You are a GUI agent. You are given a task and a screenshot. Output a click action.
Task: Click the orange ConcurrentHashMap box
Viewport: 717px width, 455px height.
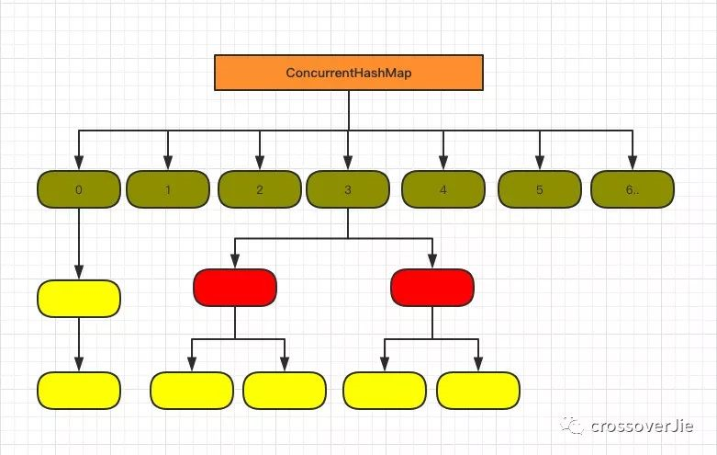(349, 73)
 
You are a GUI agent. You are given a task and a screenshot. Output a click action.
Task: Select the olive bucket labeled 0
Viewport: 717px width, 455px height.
(79, 190)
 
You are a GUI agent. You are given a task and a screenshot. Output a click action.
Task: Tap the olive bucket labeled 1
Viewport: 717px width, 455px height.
(168, 190)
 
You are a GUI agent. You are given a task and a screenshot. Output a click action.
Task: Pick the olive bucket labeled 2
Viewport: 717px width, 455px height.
(260, 190)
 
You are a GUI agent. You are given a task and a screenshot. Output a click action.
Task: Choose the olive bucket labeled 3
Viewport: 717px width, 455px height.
(348, 190)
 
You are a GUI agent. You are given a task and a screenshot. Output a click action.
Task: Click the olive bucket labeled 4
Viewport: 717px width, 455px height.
(443, 190)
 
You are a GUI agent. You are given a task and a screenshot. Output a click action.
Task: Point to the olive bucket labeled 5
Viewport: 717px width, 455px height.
(540, 190)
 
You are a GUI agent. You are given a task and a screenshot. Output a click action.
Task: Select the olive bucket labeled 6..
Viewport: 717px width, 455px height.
(633, 190)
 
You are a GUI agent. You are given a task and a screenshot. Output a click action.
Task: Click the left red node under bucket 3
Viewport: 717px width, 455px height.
(235, 288)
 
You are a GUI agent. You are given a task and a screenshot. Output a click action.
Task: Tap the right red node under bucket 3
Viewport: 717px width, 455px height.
(432, 288)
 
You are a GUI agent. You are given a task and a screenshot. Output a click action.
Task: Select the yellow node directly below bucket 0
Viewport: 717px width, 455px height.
(79, 299)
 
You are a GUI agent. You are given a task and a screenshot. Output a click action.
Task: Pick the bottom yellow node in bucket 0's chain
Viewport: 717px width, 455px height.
(79, 390)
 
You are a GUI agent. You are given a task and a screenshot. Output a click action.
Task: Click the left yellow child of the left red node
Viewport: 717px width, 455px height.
(192, 390)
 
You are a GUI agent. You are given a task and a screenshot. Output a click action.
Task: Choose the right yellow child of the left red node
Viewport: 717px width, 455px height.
(285, 390)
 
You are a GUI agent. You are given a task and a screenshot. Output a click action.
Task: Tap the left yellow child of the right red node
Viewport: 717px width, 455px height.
(385, 390)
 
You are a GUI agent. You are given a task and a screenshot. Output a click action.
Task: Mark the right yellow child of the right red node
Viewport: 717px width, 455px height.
(478, 390)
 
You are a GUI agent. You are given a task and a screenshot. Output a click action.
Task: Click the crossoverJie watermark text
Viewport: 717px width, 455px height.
(643, 426)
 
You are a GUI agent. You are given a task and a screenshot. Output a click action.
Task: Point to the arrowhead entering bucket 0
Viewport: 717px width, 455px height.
(79, 165)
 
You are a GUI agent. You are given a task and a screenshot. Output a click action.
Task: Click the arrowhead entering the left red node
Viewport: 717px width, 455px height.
(235, 263)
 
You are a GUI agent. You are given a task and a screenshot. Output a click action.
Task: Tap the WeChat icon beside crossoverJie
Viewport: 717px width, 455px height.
(575, 426)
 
